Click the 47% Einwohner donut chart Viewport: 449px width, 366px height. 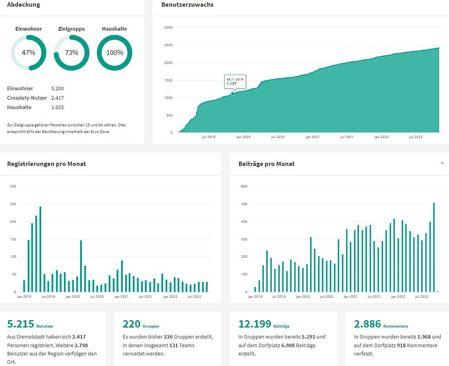pyautogui.click(x=29, y=53)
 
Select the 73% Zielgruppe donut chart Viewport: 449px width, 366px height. pyautogui.click(x=71, y=53)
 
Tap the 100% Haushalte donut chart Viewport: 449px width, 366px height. pyautogui.click(x=115, y=53)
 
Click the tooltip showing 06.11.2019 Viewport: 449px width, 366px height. pyautogui.click(x=235, y=81)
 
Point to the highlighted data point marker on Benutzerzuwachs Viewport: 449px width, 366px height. pyautogui.click(x=233, y=94)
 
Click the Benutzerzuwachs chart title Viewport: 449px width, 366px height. pyautogui.click(x=187, y=5)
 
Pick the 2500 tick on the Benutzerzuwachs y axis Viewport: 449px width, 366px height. pyautogui.click(x=168, y=45)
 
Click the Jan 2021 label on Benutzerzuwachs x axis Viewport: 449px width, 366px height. pyautogui.click(x=312, y=137)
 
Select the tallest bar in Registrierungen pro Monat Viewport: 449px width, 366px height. pyautogui.click(x=40, y=249)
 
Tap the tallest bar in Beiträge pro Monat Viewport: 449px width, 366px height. pyautogui.click(x=434, y=247)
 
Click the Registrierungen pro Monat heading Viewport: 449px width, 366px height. pyautogui.click(x=46, y=164)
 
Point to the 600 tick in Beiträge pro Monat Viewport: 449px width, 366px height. pyautogui.click(x=244, y=186)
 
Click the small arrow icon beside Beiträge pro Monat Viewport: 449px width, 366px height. pyautogui.click(x=442, y=164)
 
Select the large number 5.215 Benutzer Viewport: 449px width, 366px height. pyautogui.click(x=20, y=324)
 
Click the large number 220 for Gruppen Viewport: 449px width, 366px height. pyautogui.click(x=131, y=324)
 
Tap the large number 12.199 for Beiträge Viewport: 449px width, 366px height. pyautogui.click(x=255, y=324)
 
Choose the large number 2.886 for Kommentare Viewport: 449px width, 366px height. pyautogui.click(x=367, y=324)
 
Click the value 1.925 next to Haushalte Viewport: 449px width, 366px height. pyautogui.click(x=57, y=107)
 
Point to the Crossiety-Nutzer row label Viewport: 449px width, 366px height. pyautogui.click(x=27, y=98)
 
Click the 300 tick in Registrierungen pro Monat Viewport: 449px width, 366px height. pyautogui.click(x=13, y=186)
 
